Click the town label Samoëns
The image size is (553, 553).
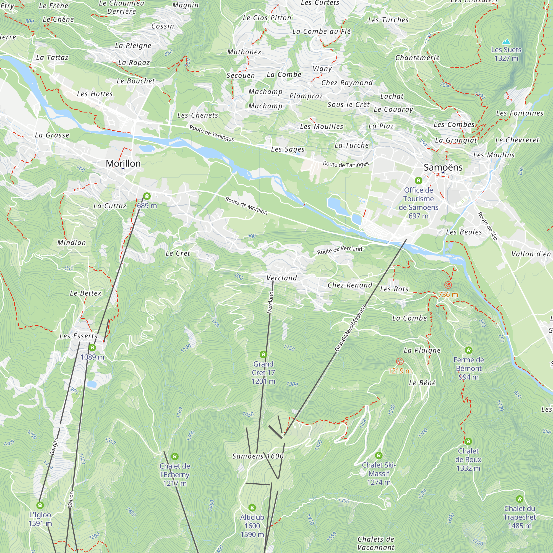click(x=443, y=168)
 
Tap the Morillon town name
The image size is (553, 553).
click(x=123, y=163)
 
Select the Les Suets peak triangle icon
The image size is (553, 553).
click(x=506, y=42)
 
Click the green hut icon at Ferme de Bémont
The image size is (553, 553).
click(x=469, y=350)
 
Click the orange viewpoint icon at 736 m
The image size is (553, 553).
click(x=448, y=285)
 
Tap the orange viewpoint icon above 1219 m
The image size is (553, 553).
click(x=400, y=361)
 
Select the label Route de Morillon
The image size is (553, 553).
click(x=246, y=205)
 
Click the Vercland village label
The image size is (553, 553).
click(x=282, y=278)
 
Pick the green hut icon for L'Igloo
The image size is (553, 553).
click(x=40, y=505)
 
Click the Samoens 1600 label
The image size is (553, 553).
click(x=258, y=456)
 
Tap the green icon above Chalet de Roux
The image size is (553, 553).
click(x=468, y=441)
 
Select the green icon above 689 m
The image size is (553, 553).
click(x=147, y=196)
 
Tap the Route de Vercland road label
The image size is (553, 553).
click(x=340, y=250)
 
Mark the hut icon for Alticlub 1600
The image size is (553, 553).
click(x=252, y=508)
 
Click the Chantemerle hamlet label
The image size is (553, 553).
click(x=417, y=58)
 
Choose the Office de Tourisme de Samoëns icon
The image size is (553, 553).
click(x=418, y=180)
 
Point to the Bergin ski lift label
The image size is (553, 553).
click(x=54, y=447)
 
